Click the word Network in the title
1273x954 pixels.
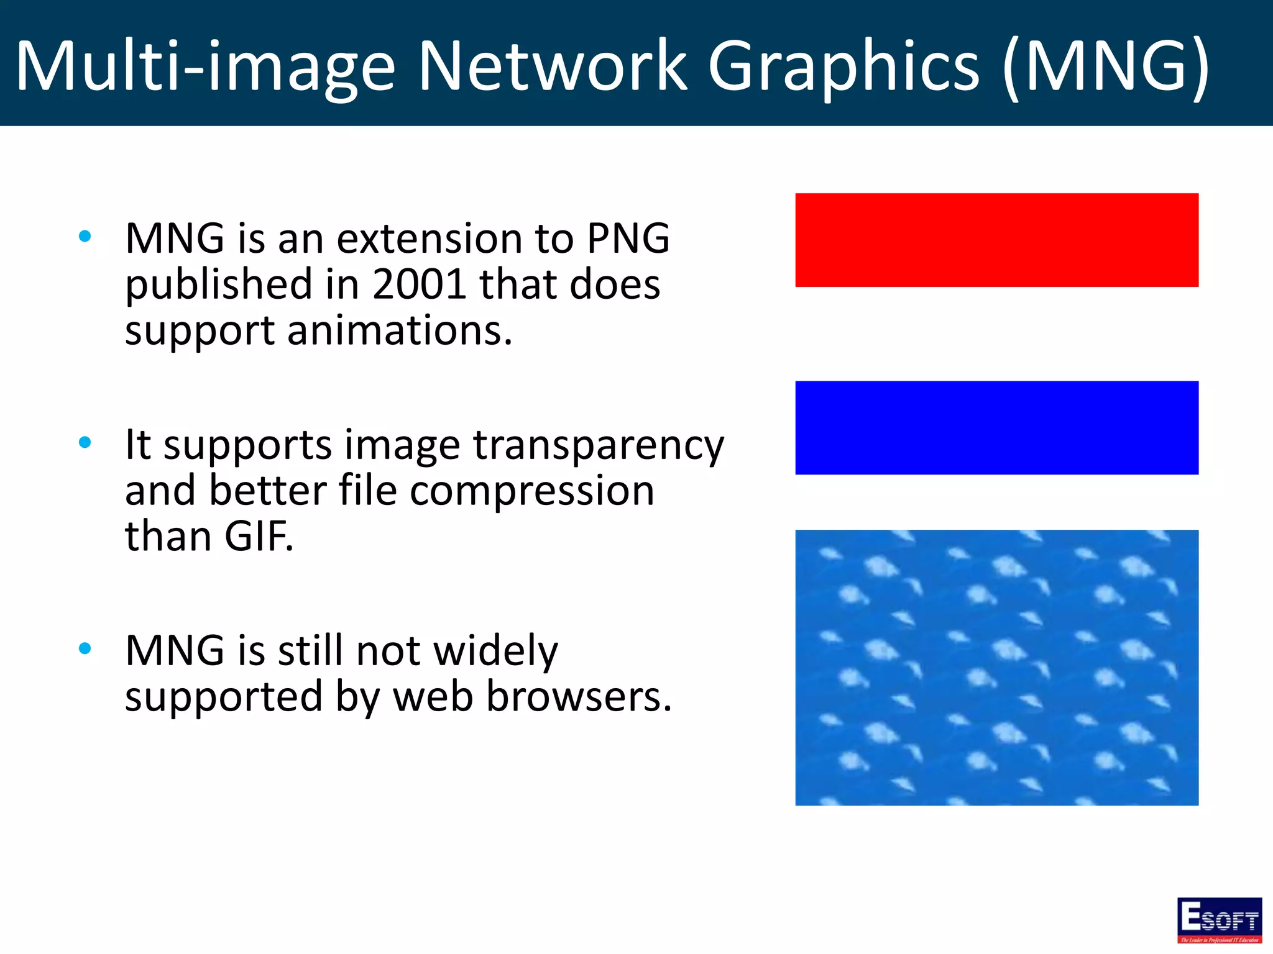(x=552, y=66)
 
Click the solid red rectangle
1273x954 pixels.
(x=996, y=240)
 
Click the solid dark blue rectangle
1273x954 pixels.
(x=996, y=427)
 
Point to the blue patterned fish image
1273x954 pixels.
(x=996, y=667)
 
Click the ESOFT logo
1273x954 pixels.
(x=1219, y=920)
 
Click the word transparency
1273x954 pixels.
(x=599, y=446)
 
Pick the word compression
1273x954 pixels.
(x=531, y=491)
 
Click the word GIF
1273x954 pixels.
(x=258, y=537)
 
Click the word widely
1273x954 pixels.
(x=495, y=652)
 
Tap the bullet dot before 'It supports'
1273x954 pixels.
(x=85, y=442)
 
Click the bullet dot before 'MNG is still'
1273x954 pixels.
(x=85, y=648)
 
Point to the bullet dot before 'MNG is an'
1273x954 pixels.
(x=85, y=236)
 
